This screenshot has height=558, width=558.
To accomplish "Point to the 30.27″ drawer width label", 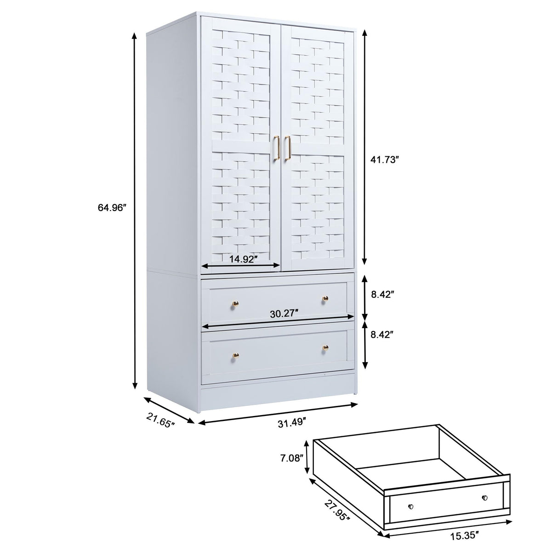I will click(x=284, y=314).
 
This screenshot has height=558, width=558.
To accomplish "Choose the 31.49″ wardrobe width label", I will click(x=292, y=423).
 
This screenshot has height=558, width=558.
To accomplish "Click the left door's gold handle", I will click(x=277, y=148).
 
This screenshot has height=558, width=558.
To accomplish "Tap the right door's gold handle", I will click(x=288, y=148).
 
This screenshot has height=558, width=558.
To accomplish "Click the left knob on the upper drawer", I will click(x=236, y=303).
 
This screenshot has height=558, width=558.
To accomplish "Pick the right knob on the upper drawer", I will click(x=325, y=299).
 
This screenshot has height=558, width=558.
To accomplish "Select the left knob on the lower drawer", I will click(x=236, y=355).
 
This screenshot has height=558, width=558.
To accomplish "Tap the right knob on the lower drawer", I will click(x=325, y=348).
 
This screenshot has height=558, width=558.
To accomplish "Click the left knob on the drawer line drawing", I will click(x=410, y=507).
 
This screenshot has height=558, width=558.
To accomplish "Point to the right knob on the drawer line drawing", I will click(x=484, y=498).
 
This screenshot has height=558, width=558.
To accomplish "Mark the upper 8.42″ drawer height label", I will click(x=384, y=295).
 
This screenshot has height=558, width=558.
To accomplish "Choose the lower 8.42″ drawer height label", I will click(x=384, y=335).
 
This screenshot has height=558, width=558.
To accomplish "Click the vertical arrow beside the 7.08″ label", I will click(x=307, y=457).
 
